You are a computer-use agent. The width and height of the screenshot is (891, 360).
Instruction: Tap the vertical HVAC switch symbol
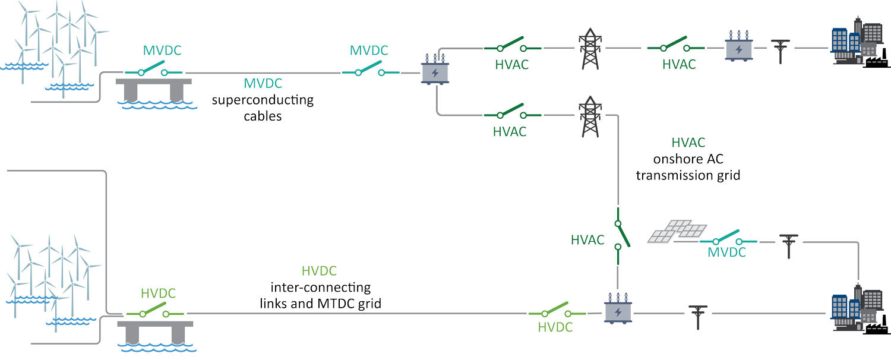pos(620,235)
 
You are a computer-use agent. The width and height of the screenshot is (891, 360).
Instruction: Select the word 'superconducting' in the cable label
pos(263,100)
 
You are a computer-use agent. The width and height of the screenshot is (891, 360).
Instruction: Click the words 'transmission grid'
pos(688,176)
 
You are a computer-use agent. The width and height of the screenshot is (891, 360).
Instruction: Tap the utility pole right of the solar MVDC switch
pos(789,245)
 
